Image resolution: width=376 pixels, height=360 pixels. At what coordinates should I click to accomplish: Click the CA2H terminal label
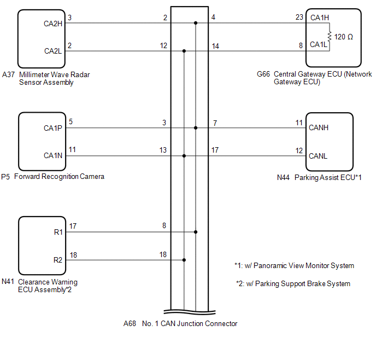(x=53, y=23)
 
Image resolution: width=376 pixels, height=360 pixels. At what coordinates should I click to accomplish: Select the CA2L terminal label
(x=53, y=51)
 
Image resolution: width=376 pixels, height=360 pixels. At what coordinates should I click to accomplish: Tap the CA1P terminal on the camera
(x=53, y=128)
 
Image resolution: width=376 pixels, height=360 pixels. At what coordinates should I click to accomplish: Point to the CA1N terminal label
(x=53, y=156)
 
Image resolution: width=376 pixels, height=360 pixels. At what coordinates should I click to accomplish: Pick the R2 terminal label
(x=57, y=260)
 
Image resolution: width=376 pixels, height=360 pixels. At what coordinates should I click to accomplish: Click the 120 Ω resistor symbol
(x=330, y=37)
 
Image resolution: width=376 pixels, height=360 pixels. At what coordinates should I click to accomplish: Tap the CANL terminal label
(x=319, y=156)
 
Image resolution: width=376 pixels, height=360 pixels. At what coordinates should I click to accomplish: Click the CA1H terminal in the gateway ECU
(x=320, y=18)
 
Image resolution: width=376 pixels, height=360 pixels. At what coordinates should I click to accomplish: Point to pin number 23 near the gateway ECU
(x=299, y=18)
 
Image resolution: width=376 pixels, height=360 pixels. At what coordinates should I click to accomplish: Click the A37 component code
(x=8, y=74)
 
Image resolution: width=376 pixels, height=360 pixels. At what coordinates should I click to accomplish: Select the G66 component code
(x=263, y=74)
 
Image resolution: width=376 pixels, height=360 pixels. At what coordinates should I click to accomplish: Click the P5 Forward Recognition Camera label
(x=52, y=177)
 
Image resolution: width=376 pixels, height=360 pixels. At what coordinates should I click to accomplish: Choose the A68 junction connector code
(x=130, y=323)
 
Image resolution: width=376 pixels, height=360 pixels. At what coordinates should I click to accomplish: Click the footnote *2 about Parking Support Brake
(x=292, y=283)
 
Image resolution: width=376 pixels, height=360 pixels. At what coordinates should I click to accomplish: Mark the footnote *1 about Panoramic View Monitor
(x=294, y=266)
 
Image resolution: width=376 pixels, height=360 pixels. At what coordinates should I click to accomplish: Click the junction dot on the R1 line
(x=196, y=231)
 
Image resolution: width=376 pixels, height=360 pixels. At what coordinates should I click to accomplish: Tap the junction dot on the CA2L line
(x=184, y=51)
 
